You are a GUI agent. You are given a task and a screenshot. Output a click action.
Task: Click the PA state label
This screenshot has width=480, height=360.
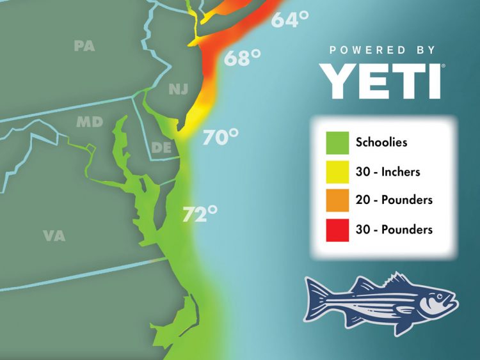[x=84, y=46]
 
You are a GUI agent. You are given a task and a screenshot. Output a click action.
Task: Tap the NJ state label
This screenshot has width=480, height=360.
[x=179, y=90]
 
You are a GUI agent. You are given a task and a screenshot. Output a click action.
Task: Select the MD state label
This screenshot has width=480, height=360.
[x=90, y=121]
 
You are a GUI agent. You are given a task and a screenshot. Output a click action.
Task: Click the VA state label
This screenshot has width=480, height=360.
[x=54, y=236]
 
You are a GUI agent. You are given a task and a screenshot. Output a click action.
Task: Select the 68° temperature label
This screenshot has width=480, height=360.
[x=242, y=58]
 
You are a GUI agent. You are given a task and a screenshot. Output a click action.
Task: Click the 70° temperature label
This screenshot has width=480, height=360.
[x=220, y=137]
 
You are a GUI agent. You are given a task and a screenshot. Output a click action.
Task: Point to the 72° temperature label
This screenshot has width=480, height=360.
[x=200, y=214]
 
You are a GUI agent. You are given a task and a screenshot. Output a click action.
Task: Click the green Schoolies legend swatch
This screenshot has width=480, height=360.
[x=337, y=142]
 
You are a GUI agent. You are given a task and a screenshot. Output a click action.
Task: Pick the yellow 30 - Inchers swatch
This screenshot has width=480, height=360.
[x=337, y=171]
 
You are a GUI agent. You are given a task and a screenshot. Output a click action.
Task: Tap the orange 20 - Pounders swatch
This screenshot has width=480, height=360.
[x=337, y=200]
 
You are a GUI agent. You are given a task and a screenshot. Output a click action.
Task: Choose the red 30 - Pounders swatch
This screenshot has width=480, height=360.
[x=337, y=229]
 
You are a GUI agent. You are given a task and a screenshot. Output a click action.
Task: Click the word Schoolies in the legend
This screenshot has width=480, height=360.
[x=381, y=143]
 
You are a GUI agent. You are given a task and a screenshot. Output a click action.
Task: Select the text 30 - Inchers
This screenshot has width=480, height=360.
[x=388, y=171]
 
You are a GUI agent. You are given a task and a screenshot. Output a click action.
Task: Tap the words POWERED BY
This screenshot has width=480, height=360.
[x=383, y=50]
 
